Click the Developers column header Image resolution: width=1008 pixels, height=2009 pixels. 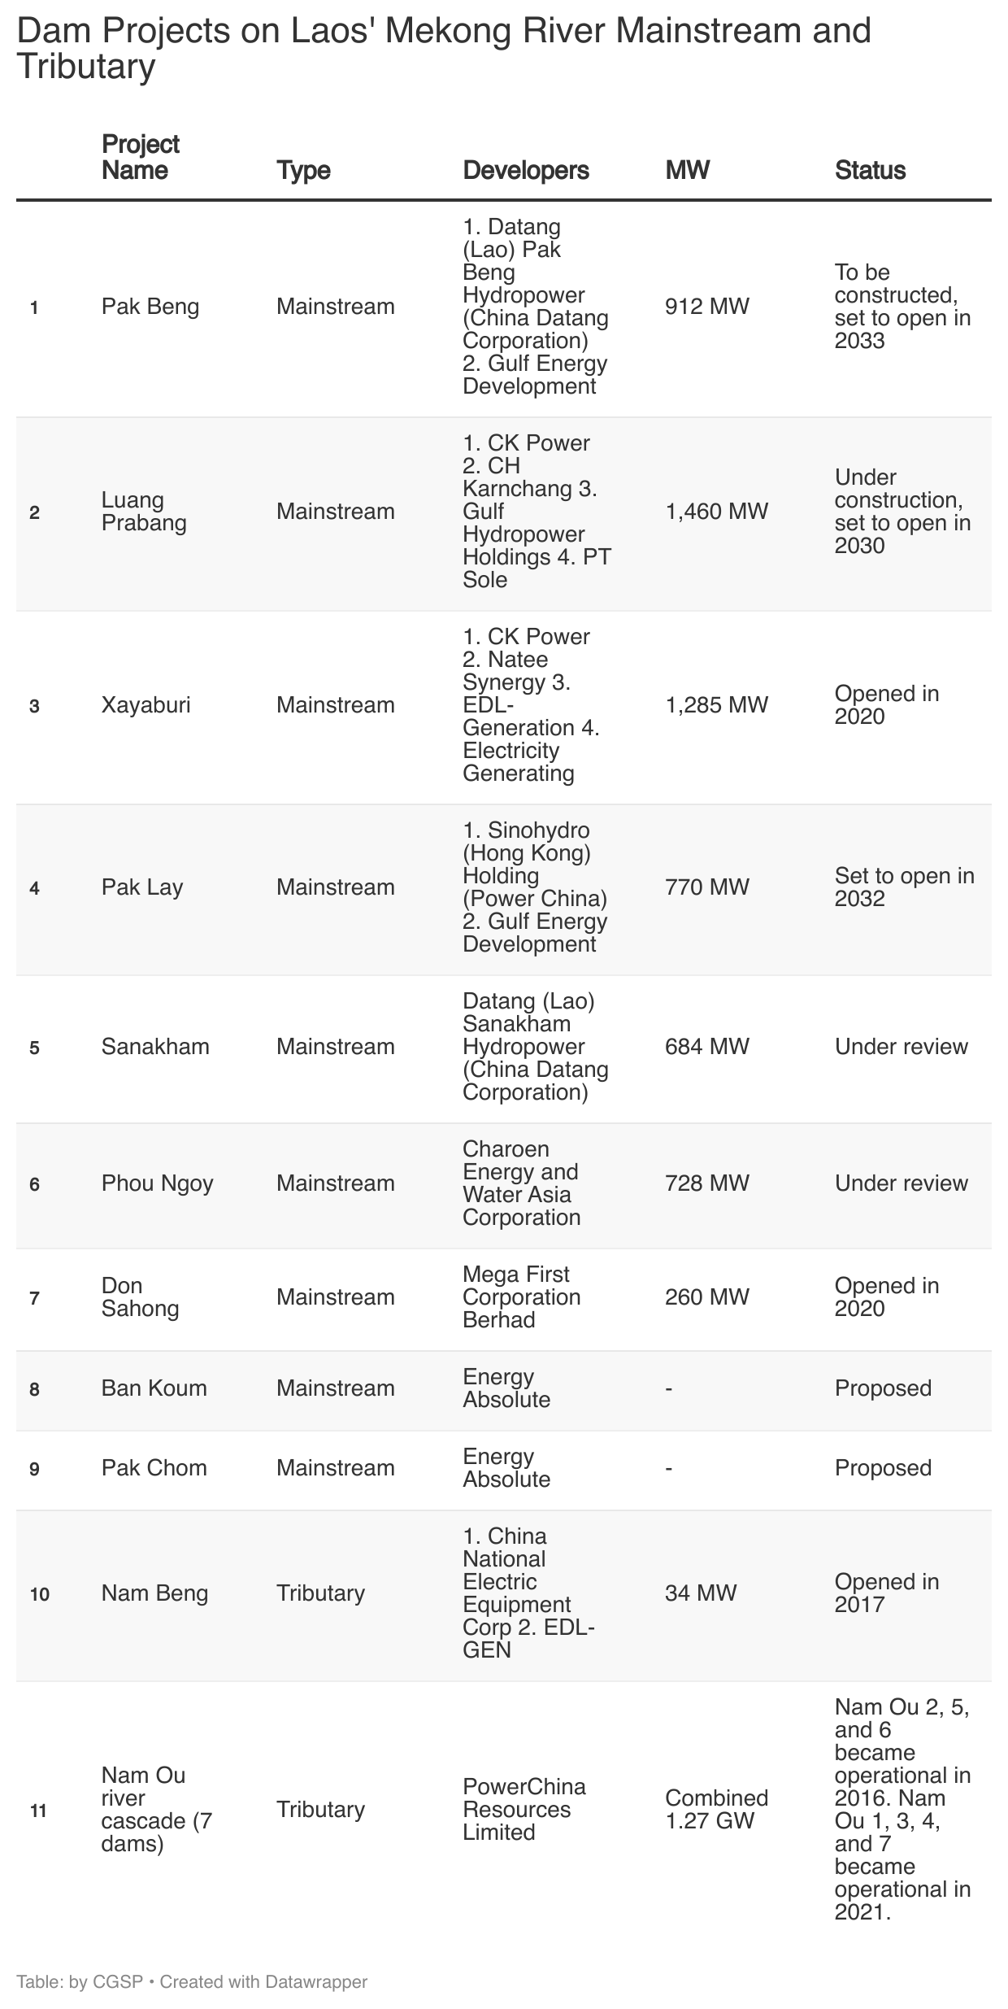[x=525, y=170]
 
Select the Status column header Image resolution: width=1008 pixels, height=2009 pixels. [x=870, y=170]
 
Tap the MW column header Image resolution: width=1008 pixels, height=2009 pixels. [x=687, y=170]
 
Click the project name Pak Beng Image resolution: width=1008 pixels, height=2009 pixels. [x=150, y=307]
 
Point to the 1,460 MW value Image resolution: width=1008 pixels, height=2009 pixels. [x=716, y=512]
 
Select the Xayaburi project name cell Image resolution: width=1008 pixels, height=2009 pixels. [x=146, y=704]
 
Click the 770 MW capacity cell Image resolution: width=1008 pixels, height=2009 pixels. [x=706, y=887]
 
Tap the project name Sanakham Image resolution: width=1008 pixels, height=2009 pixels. [x=155, y=1046]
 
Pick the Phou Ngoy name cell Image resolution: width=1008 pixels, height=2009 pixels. [x=157, y=1183]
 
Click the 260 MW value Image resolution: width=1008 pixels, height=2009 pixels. [x=706, y=1296]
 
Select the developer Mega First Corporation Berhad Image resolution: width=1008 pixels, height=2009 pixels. [x=522, y=1296]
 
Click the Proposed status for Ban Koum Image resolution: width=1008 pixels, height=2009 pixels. [x=883, y=1388]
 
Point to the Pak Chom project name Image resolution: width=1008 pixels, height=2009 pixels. [x=154, y=1467]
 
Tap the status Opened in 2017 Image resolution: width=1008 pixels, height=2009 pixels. [x=886, y=1593]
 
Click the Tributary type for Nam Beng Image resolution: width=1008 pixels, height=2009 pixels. [x=320, y=1593]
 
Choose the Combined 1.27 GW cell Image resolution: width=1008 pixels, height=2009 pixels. [x=716, y=1809]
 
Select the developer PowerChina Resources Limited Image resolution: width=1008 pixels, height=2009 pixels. [x=524, y=1809]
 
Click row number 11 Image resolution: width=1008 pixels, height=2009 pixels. [x=38, y=1811]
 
